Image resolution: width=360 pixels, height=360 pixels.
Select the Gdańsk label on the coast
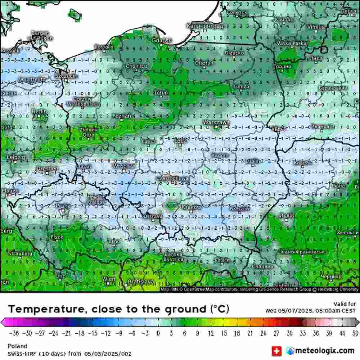click(162, 41)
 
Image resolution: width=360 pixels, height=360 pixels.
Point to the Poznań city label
click(122, 116)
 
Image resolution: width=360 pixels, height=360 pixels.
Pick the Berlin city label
click(39, 112)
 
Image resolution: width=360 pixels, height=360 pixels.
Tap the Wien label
click(109, 279)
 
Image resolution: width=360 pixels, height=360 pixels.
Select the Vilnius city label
click(316, 27)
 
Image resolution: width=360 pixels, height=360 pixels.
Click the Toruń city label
click(161, 93)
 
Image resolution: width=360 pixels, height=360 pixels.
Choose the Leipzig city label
click(16, 157)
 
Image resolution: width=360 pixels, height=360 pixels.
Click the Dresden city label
click(47, 168)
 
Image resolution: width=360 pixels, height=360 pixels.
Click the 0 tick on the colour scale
click(158, 333)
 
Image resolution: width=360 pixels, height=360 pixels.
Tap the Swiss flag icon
click(276, 350)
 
